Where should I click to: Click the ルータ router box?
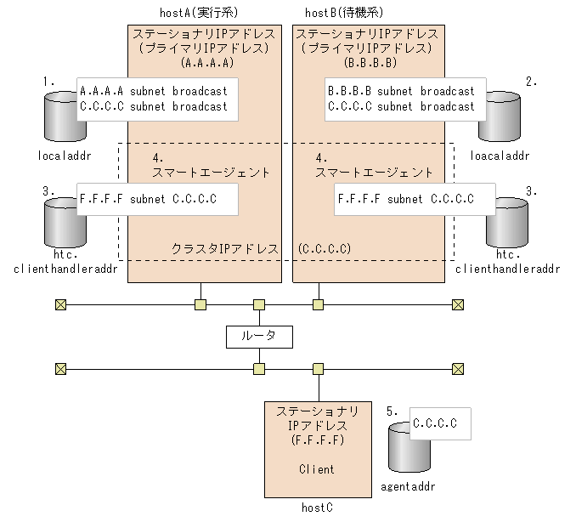pyautogui.click(x=259, y=336)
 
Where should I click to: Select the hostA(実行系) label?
pyautogui.click(x=199, y=14)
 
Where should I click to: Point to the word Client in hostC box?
pyautogui.click(x=317, y=468)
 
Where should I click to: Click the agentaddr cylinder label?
pyautogui.click(x=407, y=487)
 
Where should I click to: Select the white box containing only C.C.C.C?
pyautogui.click(x=439, y=422)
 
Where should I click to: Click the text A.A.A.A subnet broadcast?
pyautogui.click(x=153, y=91)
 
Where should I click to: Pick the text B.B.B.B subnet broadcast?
pyautogui.click(x=401, y=91)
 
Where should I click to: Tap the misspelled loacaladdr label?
pyautogui.click(x=500, y=156)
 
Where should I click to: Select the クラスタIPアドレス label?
pyautogui.click(x=225, y=249)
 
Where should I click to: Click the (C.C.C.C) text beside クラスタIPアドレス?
pyautogui.click(x=325, y=249)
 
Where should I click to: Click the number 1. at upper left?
pyautogui.click(x=49, y=81)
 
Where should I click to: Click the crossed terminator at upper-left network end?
pyautogui.click(x=60, y=304)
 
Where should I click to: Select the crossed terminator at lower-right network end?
pyautogui.click(x=458, y=369)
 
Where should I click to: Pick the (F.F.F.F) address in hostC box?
pyautogui.click(x=317, y=440)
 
